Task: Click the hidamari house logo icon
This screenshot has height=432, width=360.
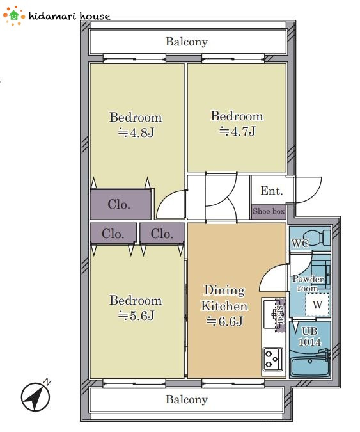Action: point(13,16)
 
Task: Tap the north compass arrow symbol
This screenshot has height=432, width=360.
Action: point(36,396)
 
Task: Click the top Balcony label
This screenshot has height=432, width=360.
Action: point(187,42)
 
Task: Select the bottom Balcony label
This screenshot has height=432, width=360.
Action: point(187,399)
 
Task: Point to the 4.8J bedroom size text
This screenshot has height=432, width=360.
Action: point(136,132)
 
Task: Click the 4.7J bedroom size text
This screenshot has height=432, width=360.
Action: point(237,131)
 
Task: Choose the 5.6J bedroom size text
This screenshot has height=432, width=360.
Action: point(136,316)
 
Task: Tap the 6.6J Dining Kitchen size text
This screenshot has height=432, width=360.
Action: point(224,321)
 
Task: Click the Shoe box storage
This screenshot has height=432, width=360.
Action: point(269,212)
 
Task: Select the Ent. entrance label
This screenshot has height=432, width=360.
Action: point(272,191)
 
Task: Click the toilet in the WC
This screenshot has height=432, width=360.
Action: point(317,237)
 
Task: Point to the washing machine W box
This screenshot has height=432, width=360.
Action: point(317,305)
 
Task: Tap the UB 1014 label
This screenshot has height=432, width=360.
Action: point(309,337)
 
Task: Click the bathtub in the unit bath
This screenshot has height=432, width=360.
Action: point(310,367)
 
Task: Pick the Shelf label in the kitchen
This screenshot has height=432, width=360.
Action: point(281,315)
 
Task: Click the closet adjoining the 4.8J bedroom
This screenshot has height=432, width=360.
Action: point(121,204)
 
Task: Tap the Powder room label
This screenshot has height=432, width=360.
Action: point(308,284)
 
